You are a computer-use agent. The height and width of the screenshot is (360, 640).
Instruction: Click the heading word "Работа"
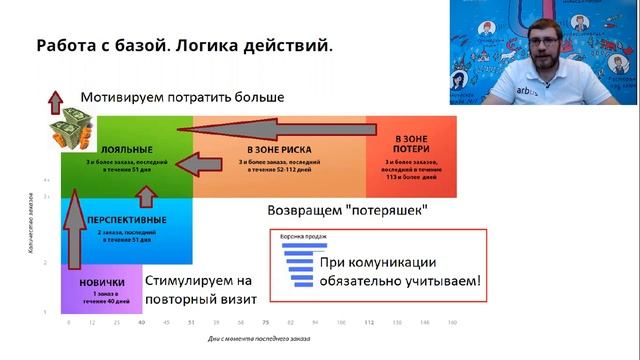(68, 47)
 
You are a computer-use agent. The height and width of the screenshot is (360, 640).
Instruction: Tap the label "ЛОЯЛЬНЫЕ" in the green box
(100, 148)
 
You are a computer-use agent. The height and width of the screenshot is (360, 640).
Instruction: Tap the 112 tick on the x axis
(369, 323)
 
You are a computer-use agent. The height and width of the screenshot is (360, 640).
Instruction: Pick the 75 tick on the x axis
(266, 323)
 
